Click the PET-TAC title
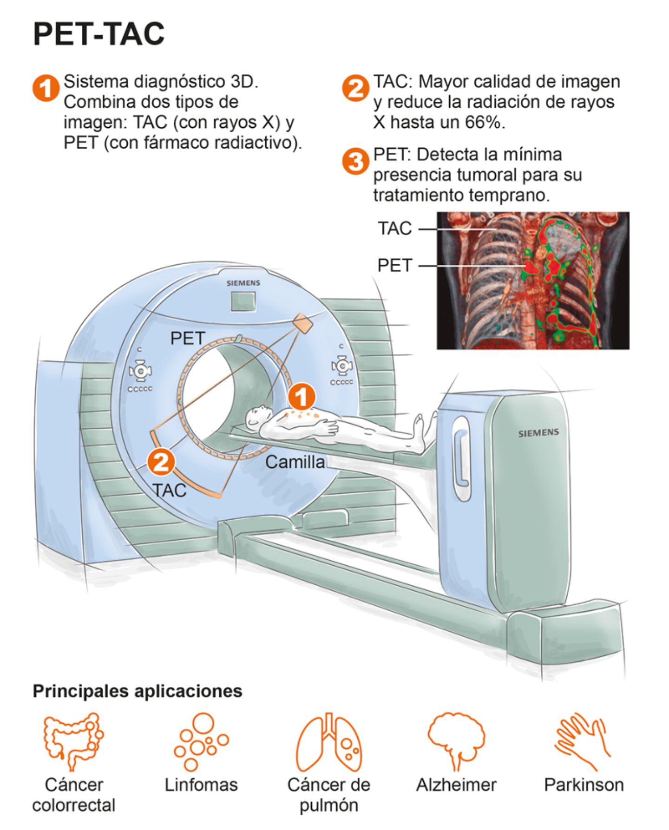tap(98, 34)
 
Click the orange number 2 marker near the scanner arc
tap(161, 462)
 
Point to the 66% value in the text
tap(483, 122)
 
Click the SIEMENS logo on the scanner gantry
tap(243, 283)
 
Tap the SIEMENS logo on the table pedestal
tap(538, 432)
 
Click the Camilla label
tap(295, 462)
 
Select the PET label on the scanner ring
tap(188, 338)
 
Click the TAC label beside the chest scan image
tap(394, 229)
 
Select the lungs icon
tap(329, 741)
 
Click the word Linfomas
tap(201, 784)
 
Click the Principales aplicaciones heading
tap(138, 691)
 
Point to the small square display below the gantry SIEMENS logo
tap(243, 301)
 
